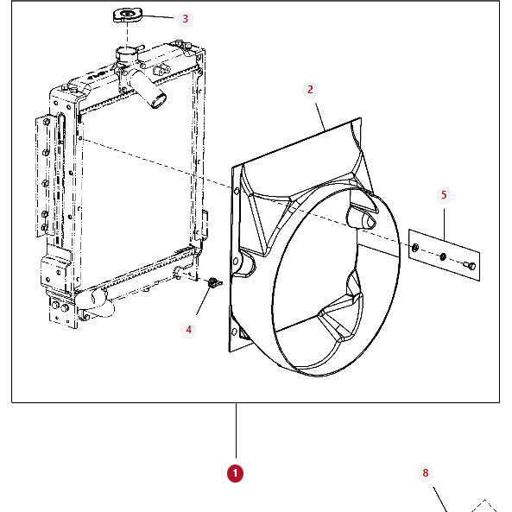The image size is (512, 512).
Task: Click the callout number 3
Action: pyautogui.click(x=183, y=18)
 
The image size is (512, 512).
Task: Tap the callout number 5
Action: pyautogui.click(x=444, y=195)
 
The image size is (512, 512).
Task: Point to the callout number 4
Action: pyautogui.click(x=189, y=329)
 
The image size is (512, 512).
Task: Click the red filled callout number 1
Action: pyautogui.click(x=235, y=473)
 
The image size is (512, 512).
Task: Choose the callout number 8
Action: pyautogui.click(x=425, y=473)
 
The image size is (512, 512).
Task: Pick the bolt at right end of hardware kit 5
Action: pyautogui.click(x=470, y=263)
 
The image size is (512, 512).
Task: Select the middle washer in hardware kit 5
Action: pyautogui.click(x=443, y=256)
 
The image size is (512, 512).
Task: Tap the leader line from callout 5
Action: pyautogui.click(x=445, y=221)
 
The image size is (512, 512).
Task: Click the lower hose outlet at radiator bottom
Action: pyautogui.click(x=96, y=302)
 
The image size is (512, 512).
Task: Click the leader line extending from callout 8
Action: pyautogui.click(x=439, y=499)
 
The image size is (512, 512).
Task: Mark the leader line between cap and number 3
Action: pyautogui.click(x=160, y=17)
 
